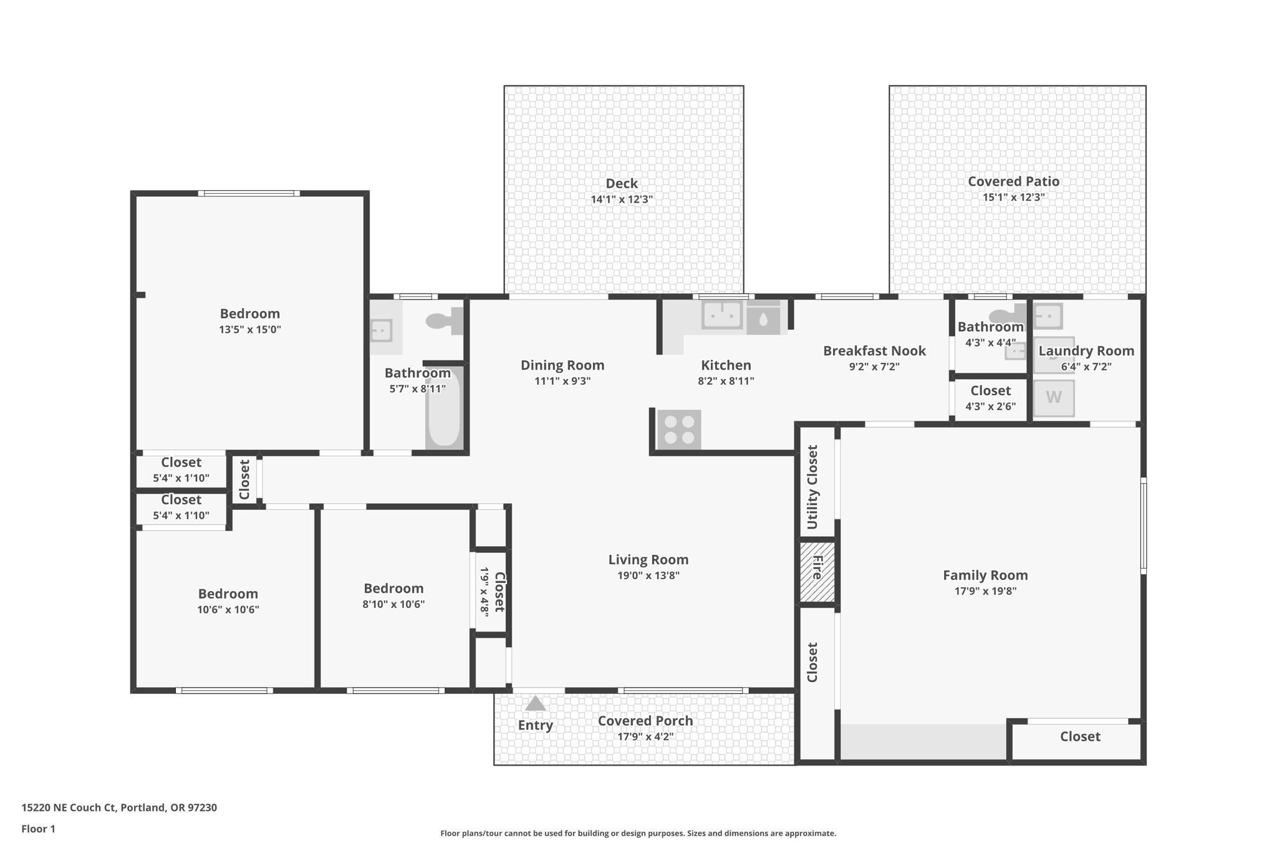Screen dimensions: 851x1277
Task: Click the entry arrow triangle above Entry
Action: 535,704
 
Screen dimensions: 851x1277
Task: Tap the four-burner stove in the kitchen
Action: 679,430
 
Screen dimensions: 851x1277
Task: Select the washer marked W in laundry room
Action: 1054,398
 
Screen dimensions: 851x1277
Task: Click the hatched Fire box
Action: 817,572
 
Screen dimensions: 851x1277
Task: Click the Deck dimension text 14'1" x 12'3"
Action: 622,200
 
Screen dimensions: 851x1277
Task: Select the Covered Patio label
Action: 1013,181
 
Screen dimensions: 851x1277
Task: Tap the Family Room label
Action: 985,575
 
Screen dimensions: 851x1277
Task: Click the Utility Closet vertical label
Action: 812,487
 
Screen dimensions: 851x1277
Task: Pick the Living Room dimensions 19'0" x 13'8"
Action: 648,575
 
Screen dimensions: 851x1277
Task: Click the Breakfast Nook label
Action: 874,351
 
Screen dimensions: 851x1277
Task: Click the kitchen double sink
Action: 722,315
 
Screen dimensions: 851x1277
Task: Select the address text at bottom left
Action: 119,807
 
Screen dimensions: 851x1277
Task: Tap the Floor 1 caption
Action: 39,829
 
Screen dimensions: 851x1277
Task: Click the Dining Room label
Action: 562,365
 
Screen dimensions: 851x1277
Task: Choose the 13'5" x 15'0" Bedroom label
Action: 249,314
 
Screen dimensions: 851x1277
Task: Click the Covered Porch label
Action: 645,721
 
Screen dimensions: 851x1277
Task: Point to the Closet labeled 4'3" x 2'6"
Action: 990,391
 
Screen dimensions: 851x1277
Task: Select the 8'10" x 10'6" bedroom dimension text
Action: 393,604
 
